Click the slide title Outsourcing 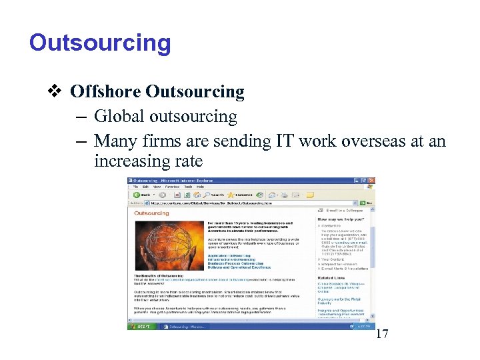pos(100,43)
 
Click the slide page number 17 pos(382,334)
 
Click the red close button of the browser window pos(373,181)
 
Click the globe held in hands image pos(167,245)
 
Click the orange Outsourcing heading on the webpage pos(147,213)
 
